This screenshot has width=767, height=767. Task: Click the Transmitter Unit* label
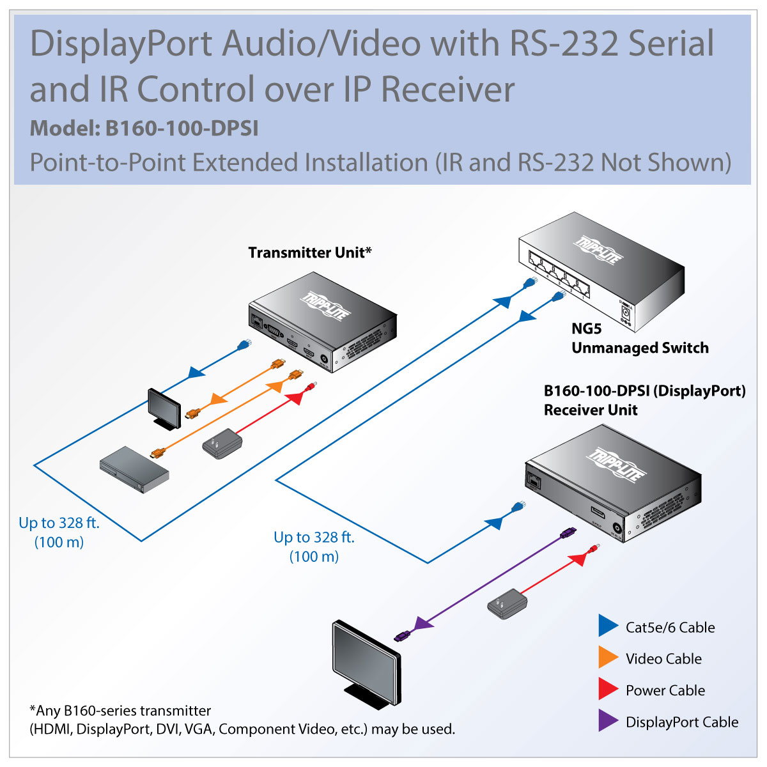point(309,252)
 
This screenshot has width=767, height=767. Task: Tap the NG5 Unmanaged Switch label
point(639,339)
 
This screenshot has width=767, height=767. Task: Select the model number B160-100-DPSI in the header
point(182,128)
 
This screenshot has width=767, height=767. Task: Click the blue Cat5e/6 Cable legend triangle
point(607,626)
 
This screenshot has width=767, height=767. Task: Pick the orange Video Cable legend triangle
point(607,658)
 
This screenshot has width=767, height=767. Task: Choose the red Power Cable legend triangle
point(607,689)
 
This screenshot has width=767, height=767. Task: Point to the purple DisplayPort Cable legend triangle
point(607,721)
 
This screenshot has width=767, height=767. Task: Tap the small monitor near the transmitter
point(164,408)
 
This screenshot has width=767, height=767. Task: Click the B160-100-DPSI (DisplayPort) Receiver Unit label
point(644,400)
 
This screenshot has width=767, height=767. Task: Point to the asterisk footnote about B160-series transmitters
point(242,720)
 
